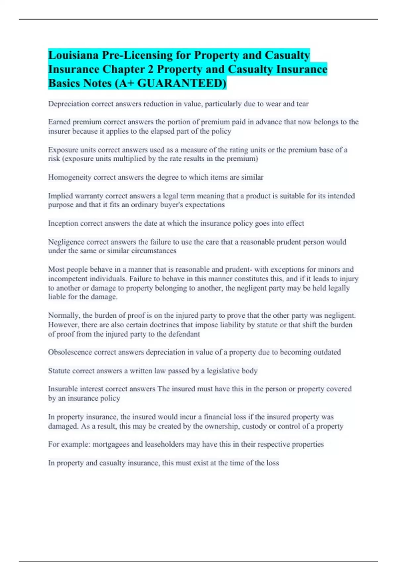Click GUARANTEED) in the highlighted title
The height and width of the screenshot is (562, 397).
(182, 83)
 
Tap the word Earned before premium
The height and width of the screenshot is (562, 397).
(60, 122)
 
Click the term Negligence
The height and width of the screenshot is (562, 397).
(66, 242)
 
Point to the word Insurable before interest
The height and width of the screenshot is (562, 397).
(63, 389)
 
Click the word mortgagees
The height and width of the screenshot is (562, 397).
(111, 444)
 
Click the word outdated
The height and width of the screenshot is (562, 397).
(327, 352)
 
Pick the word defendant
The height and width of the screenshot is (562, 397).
(184, 334)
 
